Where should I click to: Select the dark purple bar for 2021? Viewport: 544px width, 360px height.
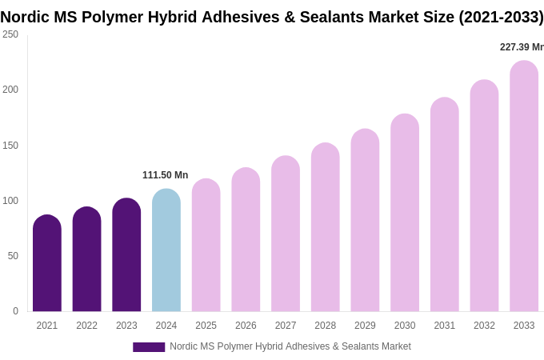[x=47, y=263]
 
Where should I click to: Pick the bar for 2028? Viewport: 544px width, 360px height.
[x=326, y=227]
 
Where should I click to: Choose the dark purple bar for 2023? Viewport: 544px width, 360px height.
[x=126, y=255]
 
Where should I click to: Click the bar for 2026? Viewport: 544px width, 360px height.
[x=246, y=240]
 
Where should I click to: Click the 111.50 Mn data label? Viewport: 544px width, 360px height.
[x=165, y=175]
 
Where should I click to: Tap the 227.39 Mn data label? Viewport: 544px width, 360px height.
[x=521, y=47]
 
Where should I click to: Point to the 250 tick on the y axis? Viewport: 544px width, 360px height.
[x=10, y=34]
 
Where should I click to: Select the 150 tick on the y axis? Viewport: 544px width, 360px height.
[x=10, y=146]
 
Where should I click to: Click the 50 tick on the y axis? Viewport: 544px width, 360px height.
[x=13, y=256]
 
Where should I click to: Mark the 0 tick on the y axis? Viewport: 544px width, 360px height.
[x=15, y=311]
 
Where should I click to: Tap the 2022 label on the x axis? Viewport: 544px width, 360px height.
[x=86, y=326]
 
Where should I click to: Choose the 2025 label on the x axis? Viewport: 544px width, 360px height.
[x=206, y=326]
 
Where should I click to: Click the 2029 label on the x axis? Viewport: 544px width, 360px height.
[x=365, y=326]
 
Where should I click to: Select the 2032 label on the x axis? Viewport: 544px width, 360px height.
[x=484, y=326]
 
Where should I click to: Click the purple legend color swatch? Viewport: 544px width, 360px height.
[x=149, y=347]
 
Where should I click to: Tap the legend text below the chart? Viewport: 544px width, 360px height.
[x=290, y=346]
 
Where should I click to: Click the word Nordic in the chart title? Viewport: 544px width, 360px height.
[x=27, y=17]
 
